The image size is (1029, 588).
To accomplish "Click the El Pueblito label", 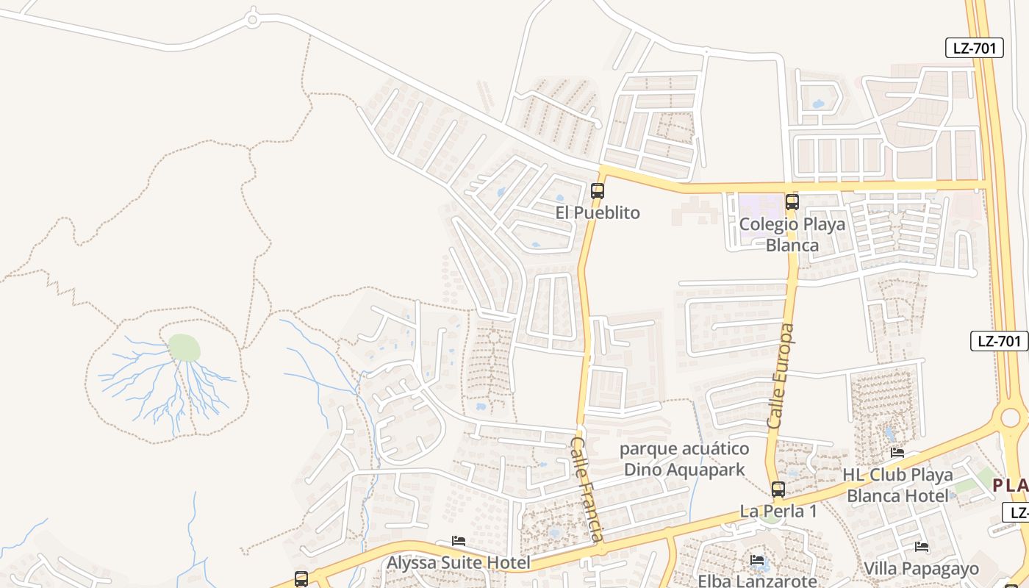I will pyautogui.click(x=598, y=213).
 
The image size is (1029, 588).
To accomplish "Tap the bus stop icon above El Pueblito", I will pyautogui.click(x=598, y=191).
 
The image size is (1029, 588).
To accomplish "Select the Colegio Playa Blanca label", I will pyautogui.click(x=792, y=234).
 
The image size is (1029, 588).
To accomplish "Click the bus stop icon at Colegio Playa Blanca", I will pyautogui.click(x=792, y=201).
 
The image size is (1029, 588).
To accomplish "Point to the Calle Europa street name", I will pyautogui.click(x=781, y=376).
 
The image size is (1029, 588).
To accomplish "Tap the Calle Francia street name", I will pyautogui.click(x=588, y=489).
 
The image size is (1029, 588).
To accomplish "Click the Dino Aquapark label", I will pyautogui.click(x=684, y=459).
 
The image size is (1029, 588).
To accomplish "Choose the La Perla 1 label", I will pyautogui.click(x=778, y=511).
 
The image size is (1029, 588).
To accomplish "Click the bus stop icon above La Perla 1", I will pyautogui.click(x=778, y=489).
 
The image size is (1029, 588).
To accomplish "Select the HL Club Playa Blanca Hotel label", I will pyautogui.click(x=897, y=485).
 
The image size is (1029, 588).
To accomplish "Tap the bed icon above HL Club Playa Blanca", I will pyautogui.click(x=897, y=453).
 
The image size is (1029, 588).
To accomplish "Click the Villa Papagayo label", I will pyautogui.click(x=921, y=568).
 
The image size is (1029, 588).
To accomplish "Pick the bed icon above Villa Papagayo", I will pyautogui.click(x=921, y=547).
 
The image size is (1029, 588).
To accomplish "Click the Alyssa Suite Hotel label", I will pyautogui.click(x=459, y=563).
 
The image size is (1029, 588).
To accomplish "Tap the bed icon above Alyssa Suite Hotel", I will pyautogui.click(x=459, y=541).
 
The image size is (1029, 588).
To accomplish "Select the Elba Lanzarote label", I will pyautogui.click(x=757, y=581).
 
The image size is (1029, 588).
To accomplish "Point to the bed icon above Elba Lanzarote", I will pyautogui.click(x=757, y=560).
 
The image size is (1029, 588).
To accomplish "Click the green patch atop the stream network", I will pyautogui.click(x=184, y=348).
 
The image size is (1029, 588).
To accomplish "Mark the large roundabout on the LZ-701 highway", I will pyautogui.click(x=1010, y=417).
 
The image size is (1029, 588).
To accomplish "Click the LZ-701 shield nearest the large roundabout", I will pyautogui.click(x=999, y=341).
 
